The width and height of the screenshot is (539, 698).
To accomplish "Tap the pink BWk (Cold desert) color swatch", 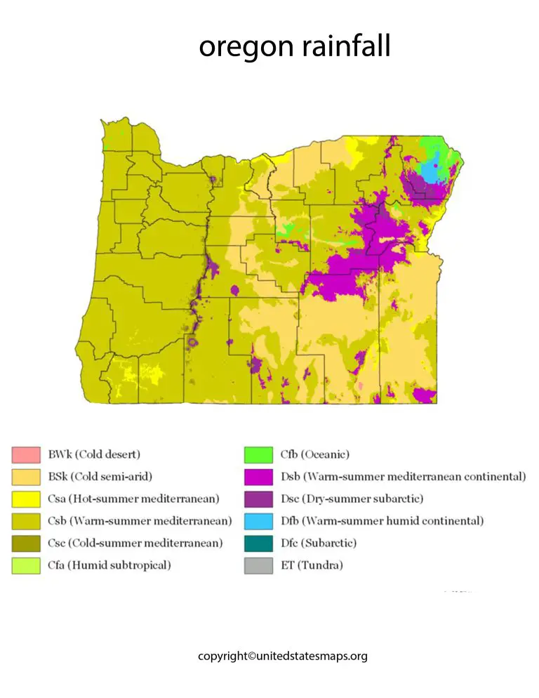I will (x=25, y=454).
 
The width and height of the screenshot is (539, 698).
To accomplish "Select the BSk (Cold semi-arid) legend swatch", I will (x=25, y=477).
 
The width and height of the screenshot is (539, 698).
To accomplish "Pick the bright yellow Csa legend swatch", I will (x=25, y=499).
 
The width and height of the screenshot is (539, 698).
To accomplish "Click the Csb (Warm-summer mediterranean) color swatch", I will (x=25, y=521).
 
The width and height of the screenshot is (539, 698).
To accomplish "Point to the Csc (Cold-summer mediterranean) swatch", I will (x=25, y=543).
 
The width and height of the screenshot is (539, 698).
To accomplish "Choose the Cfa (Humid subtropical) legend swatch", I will (x=25, y=565).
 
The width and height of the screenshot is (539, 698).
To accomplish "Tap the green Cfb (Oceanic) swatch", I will (x=258, y=454).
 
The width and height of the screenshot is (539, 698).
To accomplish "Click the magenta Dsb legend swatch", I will (x=258, y=477).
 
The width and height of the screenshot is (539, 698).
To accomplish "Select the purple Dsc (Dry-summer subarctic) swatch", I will (x=258, y=499).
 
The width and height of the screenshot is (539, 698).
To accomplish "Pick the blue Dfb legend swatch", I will (x=258, y=521).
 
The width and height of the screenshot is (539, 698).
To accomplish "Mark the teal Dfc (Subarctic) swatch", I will (x=258, y=543).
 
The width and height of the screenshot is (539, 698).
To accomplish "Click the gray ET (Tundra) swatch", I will (x=258, y=565).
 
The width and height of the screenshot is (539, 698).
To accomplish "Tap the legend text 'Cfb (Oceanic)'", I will (x=314, y=454).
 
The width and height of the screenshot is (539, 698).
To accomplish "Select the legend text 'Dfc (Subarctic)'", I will (x=318, y=543).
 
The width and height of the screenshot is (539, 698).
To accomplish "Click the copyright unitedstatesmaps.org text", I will (x=282, y=656).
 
